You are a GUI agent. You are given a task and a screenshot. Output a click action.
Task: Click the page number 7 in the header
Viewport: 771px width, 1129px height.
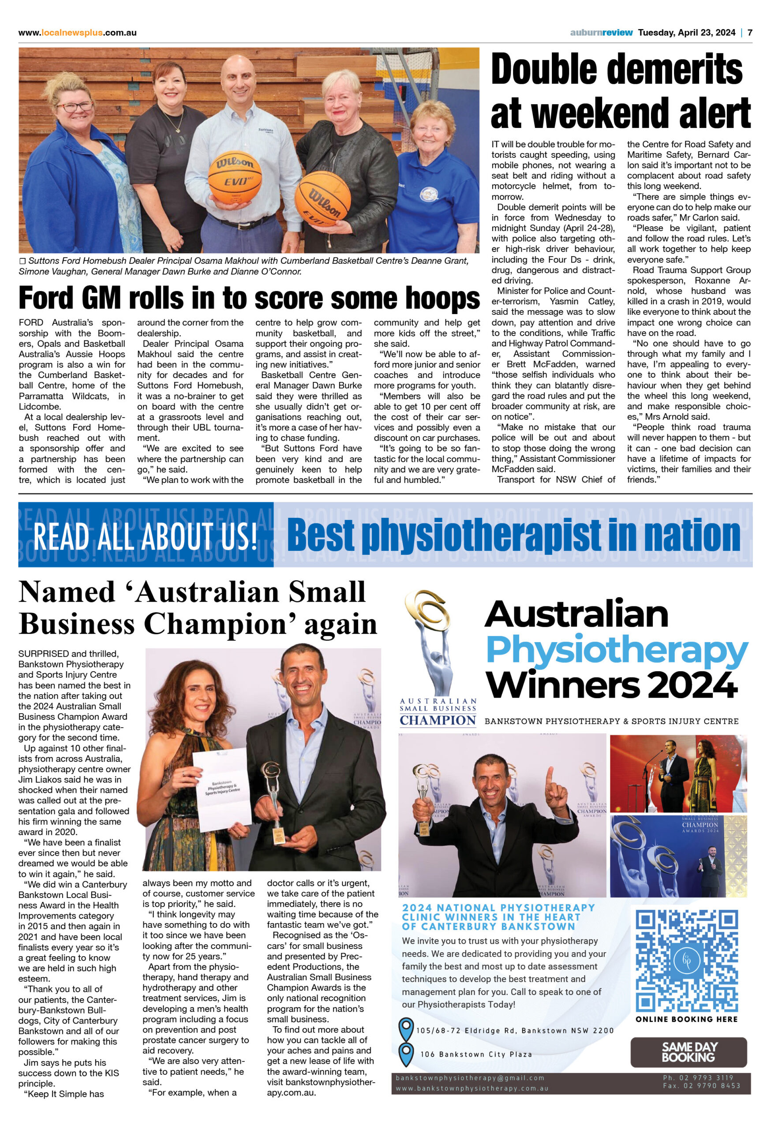[750, 33]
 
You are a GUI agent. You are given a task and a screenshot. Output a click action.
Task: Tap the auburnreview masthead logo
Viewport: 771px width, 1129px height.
[602, 33]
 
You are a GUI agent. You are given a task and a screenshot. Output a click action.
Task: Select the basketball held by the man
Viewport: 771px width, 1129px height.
[235, 177]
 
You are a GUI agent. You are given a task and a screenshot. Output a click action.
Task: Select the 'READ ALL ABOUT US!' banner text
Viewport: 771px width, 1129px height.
[145, 535]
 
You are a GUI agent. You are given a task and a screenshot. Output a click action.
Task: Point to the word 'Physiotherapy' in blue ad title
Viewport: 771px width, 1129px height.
[617, 650]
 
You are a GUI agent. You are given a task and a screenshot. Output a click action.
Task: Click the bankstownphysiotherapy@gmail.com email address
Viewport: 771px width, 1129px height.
[470, 1078]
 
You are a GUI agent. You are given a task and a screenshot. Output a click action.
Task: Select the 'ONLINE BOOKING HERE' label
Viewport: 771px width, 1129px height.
[686, 1019]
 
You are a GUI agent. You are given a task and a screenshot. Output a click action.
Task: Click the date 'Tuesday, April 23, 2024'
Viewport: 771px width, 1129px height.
[686, 33]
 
